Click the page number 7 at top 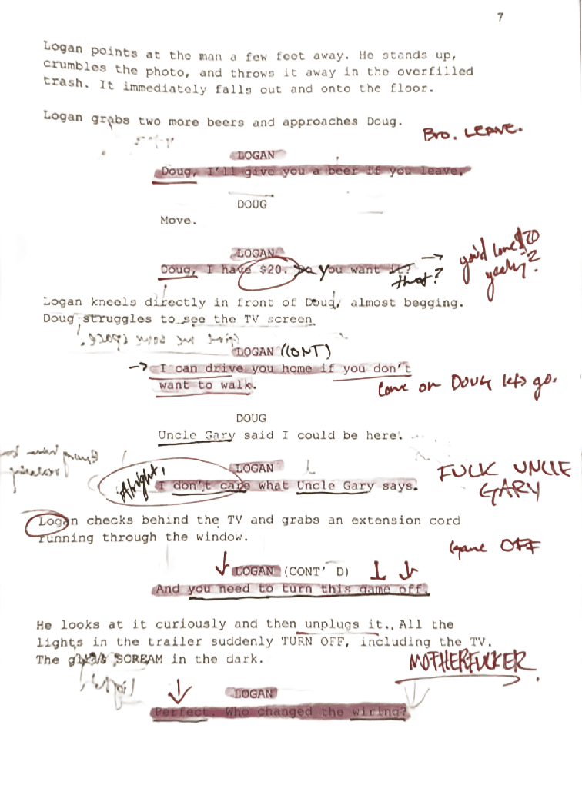[500, 17]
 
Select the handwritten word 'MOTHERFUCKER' [469, 663]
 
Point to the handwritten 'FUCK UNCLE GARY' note [505, 479]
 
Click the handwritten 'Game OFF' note [496, 547]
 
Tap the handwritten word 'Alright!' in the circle [139, 482]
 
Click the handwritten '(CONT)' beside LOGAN [306, 351]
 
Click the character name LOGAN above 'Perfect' [254, 693]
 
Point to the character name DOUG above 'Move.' [252, 205]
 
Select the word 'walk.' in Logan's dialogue [236, 385]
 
